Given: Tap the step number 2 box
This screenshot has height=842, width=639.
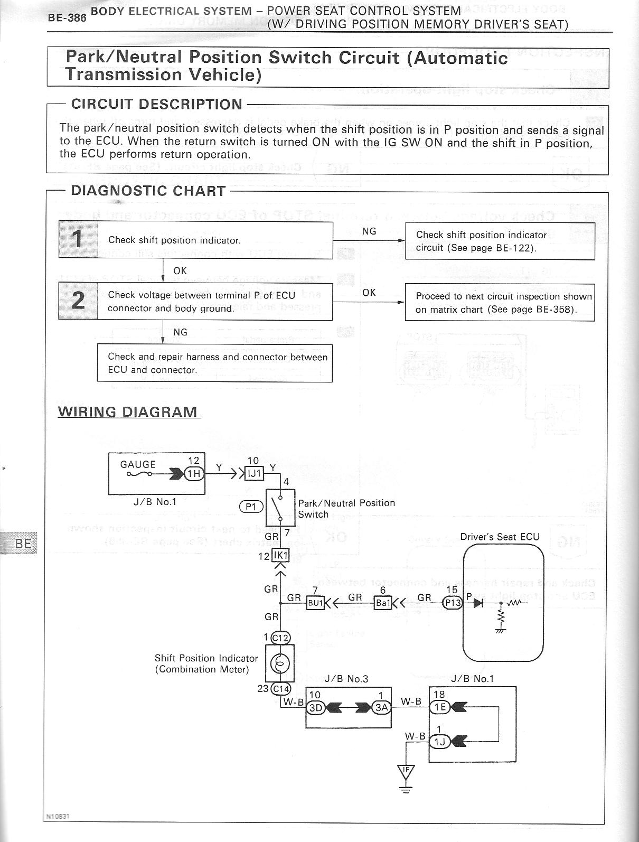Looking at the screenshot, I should click(x=78, y=301).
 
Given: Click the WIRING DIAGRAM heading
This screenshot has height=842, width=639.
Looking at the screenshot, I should click(x=128, y=411).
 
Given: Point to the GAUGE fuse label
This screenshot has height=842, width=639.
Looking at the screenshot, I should click(x=138, y=464).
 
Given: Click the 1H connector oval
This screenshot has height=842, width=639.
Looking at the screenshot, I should click(x=194, y=473).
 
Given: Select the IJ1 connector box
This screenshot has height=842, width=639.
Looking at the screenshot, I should click(x=255, y=473).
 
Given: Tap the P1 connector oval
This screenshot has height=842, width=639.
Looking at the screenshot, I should click(x=251, y=507).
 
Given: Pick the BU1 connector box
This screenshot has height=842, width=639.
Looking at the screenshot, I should click(x=315, y=603).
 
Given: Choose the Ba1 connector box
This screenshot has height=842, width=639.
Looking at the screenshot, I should click(x=382, y=603).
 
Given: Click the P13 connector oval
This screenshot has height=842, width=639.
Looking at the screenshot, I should click(x=453, y=603).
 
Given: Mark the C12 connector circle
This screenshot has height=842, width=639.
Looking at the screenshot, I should click(x=280, y=638).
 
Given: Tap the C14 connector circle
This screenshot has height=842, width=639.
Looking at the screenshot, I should click(x=280, y=688).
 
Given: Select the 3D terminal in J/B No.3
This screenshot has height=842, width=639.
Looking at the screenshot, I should click(x=315, y=708).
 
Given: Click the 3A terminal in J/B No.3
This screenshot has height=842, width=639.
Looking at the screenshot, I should click(x=381, y=708).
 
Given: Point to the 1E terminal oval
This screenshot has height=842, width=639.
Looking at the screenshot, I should click(x=439, y=705).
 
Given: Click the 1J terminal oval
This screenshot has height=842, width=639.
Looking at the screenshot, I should click(x=439, y=741).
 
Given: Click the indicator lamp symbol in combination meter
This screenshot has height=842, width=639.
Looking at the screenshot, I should click(x=280, y=663).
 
